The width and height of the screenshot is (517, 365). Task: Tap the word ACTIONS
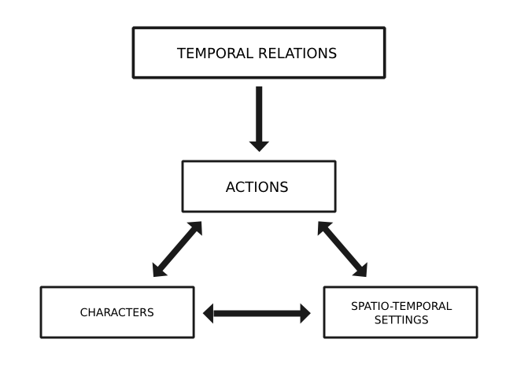pos(257,187)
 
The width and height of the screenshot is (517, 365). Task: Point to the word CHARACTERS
pos(116,312)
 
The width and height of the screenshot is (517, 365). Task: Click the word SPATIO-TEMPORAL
pos(401,306)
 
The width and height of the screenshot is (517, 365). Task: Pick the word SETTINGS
pos(401,320)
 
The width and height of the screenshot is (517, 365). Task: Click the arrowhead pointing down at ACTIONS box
pos(259,146)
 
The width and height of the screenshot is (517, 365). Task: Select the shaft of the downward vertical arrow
pos(259,113)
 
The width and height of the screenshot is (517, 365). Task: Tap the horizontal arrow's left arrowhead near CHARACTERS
pos(209,313)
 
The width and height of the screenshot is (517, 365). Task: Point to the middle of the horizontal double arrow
pos(257,313)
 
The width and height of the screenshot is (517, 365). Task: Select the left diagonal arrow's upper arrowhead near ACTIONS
pos(196,227)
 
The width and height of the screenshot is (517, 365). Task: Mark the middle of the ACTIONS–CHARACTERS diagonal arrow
pos(177,249)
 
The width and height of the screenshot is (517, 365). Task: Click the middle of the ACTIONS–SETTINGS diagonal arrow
pos(342,249)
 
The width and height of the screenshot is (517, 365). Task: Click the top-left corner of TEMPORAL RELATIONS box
pos(134,29)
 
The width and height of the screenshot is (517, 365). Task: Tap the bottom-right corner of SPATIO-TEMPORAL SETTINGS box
pos(476,337)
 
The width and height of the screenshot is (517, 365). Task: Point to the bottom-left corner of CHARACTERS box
pos(42,337)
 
